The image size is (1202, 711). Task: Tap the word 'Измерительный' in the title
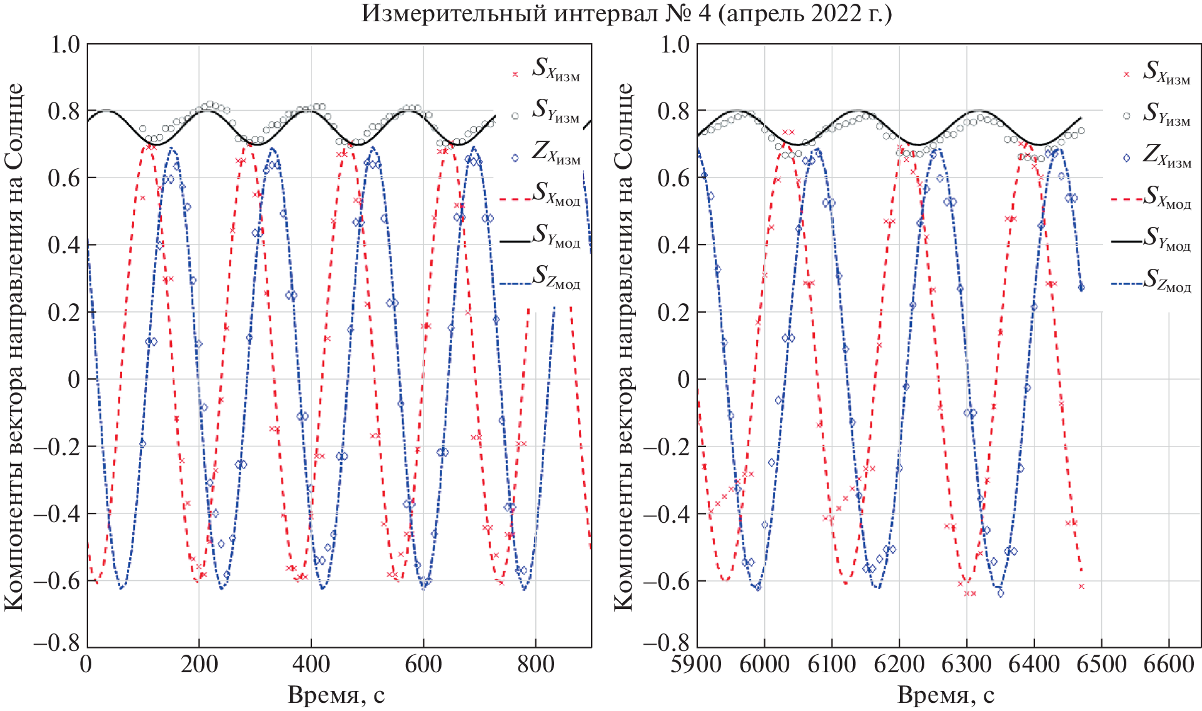click(448, 13)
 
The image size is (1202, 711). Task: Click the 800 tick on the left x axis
click(535, 664)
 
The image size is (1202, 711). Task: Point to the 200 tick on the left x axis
click(199, 664)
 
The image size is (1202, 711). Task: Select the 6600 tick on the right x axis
click(1168, 664)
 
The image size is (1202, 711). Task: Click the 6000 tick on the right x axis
click(764, 664)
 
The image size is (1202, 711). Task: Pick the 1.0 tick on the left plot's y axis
click(64, 44)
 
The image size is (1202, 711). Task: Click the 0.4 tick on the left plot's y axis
click(64, 245)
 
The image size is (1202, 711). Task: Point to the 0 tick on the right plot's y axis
click(683, 380)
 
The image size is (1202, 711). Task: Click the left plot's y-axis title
click(14, 347)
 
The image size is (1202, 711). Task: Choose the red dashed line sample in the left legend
click(515, 199)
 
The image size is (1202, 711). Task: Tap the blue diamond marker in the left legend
click(515, 158)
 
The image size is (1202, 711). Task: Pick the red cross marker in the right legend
click(1126, 74)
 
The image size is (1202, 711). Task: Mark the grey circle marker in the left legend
click(515, 116)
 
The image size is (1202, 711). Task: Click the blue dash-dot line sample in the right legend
click(1126, 283)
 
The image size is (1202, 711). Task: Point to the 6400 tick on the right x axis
click(1034, 664)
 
